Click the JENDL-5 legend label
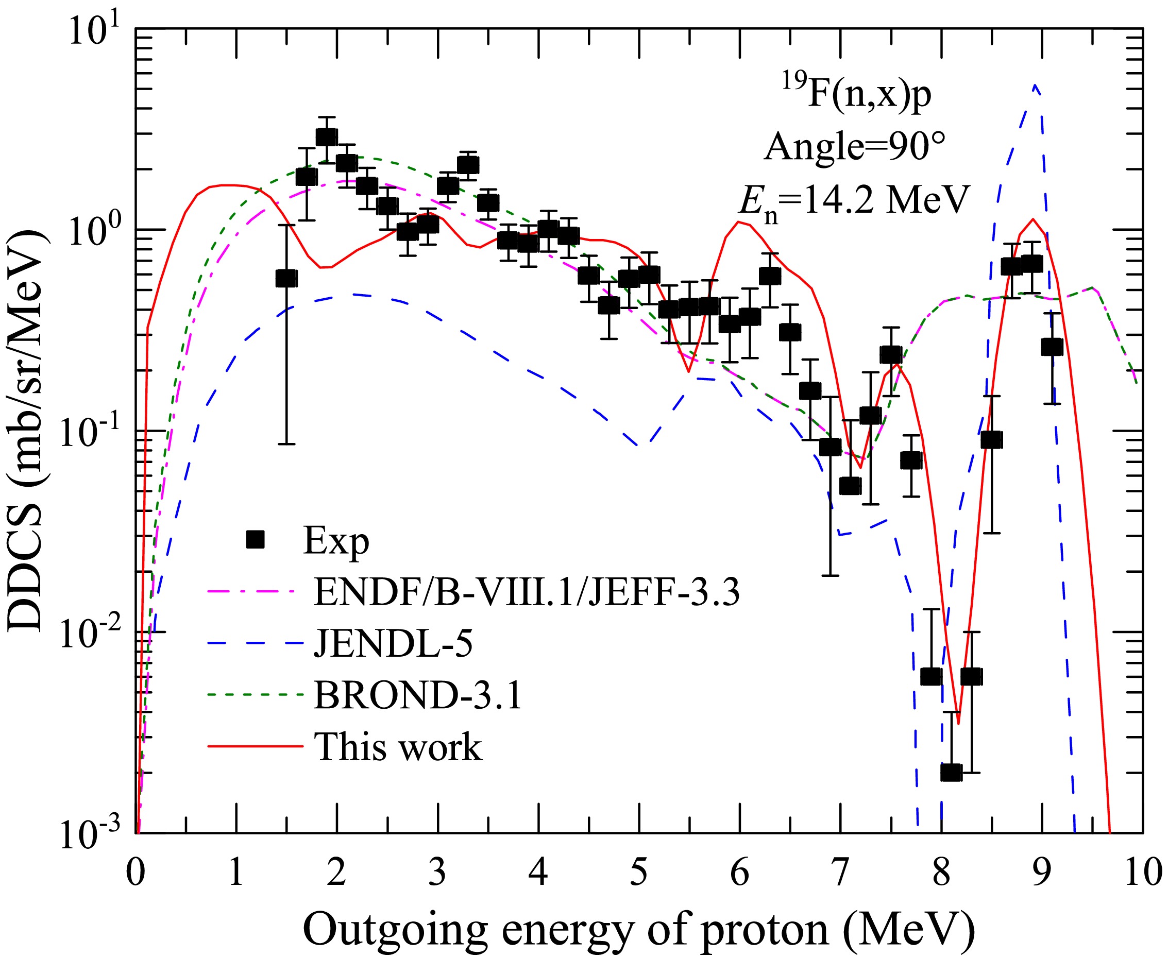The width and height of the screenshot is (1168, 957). pyautogui.click(x=393, y=643)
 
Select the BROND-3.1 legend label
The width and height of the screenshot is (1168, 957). pyautogui.click(x=417, y=695)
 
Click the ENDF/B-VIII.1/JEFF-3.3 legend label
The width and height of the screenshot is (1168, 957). pyautogui.click(x=527, y=591)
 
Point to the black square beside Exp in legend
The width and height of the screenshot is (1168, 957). pyautogui.click(x=256, y=540)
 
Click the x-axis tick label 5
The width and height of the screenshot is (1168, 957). pyautogui.click(x=638, y=872)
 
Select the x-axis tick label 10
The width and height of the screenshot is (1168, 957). pyautogui.click(x=1143, y=872)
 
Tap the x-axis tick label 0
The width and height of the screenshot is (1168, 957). pyautogui.click(x=136, y=872)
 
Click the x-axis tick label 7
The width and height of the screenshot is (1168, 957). pyautogui.click(x=840, y=872)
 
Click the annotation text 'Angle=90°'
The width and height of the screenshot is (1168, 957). pyautogui.click(x=855, y=146)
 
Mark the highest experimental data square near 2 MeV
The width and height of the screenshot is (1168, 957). pyautogui.click(x=327, y=136)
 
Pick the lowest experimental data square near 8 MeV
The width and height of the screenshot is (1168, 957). pyautogui.click(x=951, y=772)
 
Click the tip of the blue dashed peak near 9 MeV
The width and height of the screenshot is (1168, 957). pyautogui.click(x=1036, y=86)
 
